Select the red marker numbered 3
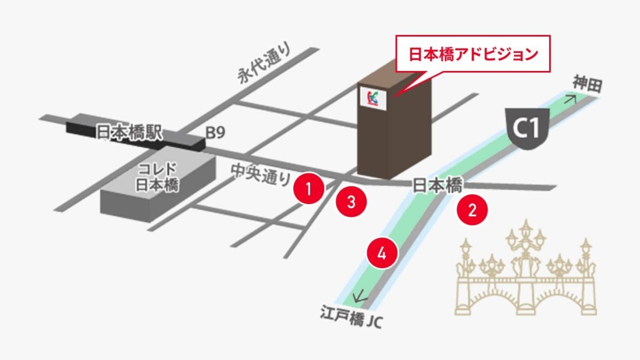pyautogui.click(x=351, y=202)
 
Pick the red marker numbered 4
pyautogui.click(x=382, y=253)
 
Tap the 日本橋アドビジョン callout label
pyautogui.click(x=472, y=55)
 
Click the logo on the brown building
pyautogui.click(x=373, y=97)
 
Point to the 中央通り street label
pyautogui.click(x=260, y=173)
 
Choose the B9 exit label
pyautogui.click(x=215, y=134)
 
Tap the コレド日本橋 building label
pyautogui.click(x=157, y=177)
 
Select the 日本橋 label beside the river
pyautogui.click(x=438, y=186)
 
